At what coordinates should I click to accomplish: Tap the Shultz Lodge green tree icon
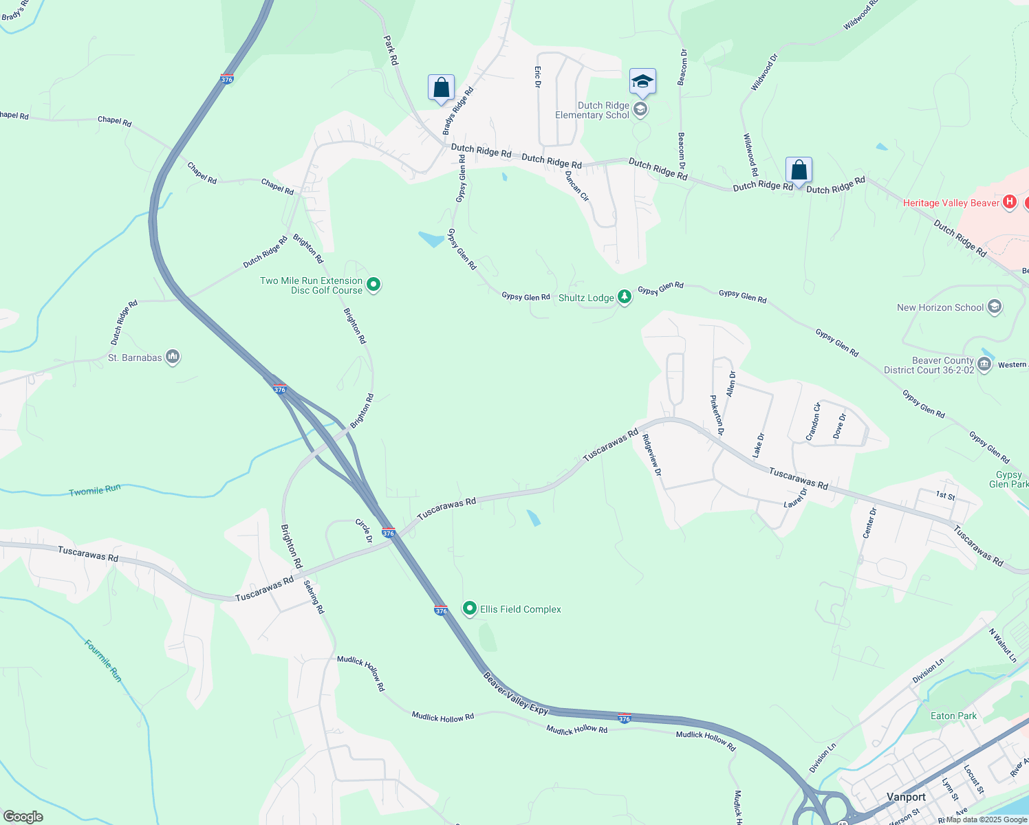624,297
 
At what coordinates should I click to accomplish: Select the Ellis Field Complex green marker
470,608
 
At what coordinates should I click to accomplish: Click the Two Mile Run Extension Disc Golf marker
373,284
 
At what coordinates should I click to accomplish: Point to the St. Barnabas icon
173,357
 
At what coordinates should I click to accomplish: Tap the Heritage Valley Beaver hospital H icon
1010,202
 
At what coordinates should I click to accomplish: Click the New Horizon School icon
994,307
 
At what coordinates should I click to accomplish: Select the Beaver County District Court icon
984,364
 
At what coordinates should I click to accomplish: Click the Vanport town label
906,797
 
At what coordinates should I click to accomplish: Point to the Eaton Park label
953,716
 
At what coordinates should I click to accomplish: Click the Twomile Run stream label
95,490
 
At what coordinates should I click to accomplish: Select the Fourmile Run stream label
103,661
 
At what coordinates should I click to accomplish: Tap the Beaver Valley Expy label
516,693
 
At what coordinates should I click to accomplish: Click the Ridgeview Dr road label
651,455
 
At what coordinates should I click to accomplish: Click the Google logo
23,817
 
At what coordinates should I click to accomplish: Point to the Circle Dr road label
364,531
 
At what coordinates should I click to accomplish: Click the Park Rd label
391,51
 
